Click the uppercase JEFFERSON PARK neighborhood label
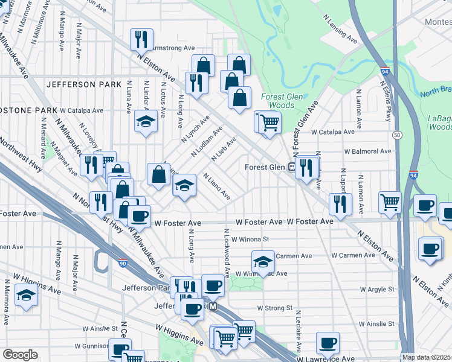pyautogui.click(x=84, y=84)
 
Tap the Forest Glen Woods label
pyautogui.click(x=277, y=101)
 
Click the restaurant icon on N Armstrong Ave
pyautogui.click(x=141, y=40)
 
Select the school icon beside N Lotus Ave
pyautogui.click(x=145, y=122)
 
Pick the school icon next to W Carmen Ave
pyautogui.click(x=262, y=262)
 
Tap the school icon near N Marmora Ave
pyautogui.click(x=26, y=296)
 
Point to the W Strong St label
pyautogui.click(x=274, y=308)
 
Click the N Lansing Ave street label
pyautogui.click(x=341, y=28)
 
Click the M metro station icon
pyautogui.click(x=213, y=306)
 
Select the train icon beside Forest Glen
pyautogui.click(x=291, y=167)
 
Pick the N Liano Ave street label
pyautogui.click(x=217, y=187)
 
